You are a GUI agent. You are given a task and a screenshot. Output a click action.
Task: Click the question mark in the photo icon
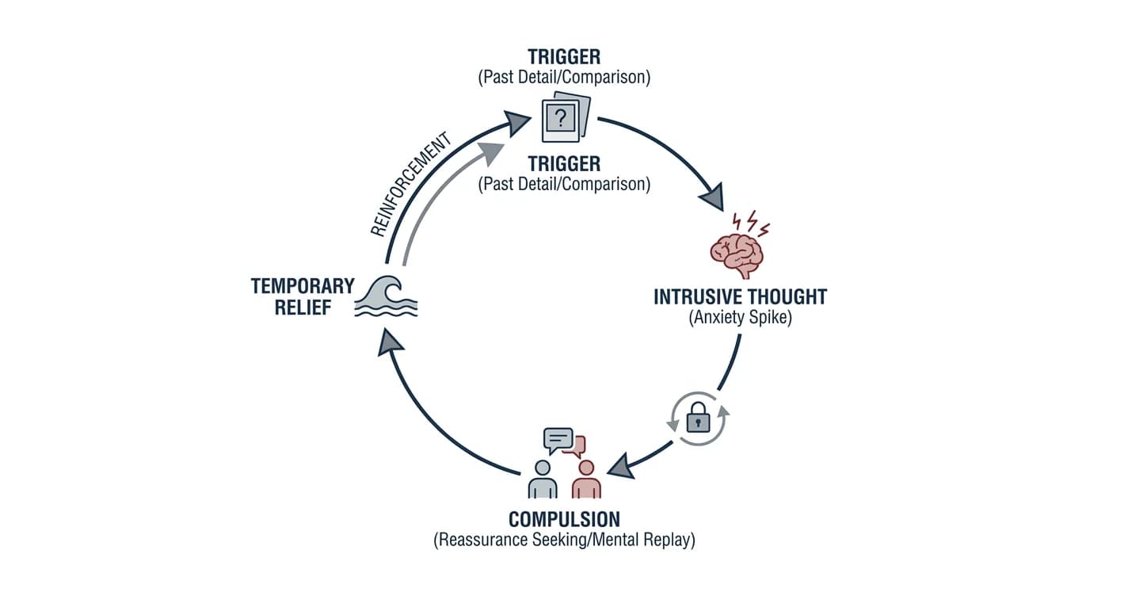click(560, 119)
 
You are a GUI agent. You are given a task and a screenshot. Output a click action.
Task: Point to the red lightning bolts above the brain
click(751, 222)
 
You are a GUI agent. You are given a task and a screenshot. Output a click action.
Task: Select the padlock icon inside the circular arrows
click(699, 417)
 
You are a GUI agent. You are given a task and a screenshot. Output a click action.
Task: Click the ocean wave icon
click(387, 296)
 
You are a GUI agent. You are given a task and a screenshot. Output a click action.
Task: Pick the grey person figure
click(543, 479)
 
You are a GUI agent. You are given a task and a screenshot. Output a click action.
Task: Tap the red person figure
click(586, 479)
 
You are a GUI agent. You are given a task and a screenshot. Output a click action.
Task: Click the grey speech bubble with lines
click(558, 441)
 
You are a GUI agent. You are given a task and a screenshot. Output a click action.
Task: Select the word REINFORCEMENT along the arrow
click(410, 185)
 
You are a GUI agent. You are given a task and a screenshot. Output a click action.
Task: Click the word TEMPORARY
click(303, 286)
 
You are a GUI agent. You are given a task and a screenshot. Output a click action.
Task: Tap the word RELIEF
click(303, 308)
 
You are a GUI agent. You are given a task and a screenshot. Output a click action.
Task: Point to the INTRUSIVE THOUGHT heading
click(740, 296)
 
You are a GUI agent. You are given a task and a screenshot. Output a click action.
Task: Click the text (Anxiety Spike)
click(740, 317)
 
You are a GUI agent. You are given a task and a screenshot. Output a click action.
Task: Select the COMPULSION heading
click(564, 519)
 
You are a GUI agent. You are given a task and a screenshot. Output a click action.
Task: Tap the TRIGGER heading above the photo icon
click(564, 57)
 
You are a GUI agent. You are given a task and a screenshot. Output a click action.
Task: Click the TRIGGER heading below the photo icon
click(564, 164)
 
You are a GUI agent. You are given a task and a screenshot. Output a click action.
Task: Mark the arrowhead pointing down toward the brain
click(713, 197)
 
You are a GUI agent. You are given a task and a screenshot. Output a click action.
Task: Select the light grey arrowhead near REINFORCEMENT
click(490, 153)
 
